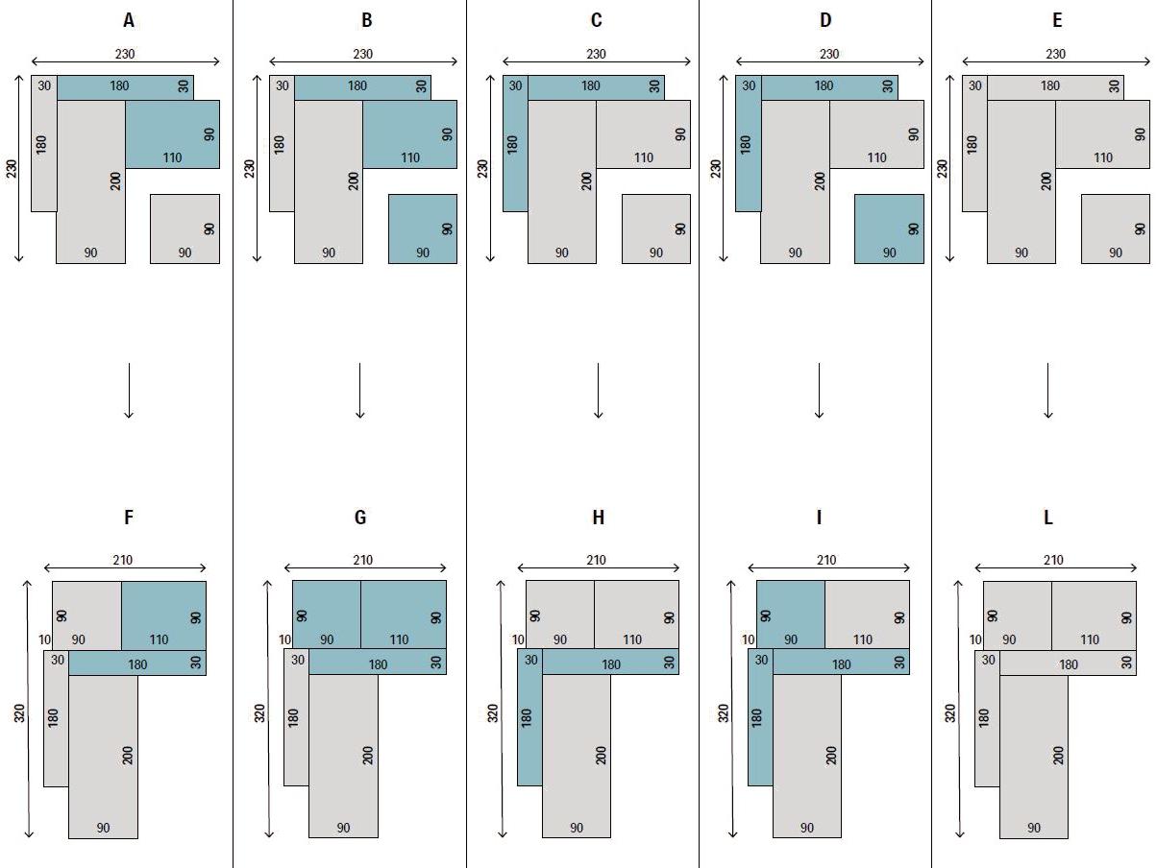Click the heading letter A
[129, 20]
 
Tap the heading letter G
[360, 518]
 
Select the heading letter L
[1048, 518]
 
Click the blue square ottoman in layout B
[423, 229]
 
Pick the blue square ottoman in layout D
[889, 229]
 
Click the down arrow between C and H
[598, 391]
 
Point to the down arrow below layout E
[1048, 391]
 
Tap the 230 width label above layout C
[596, 54]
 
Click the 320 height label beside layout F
[19, 712]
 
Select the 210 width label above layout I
[826, 560]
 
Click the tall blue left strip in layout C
[515, 144]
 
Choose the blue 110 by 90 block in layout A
[173, 134]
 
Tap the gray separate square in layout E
[1116, 229]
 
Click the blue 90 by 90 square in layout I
[791, 615]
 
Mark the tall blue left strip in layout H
[529, 717]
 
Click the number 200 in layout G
[368, 756]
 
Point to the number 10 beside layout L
[975, 639]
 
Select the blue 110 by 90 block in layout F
[163, 615]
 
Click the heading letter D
[825, 20]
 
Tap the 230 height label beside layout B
[249, 168]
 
